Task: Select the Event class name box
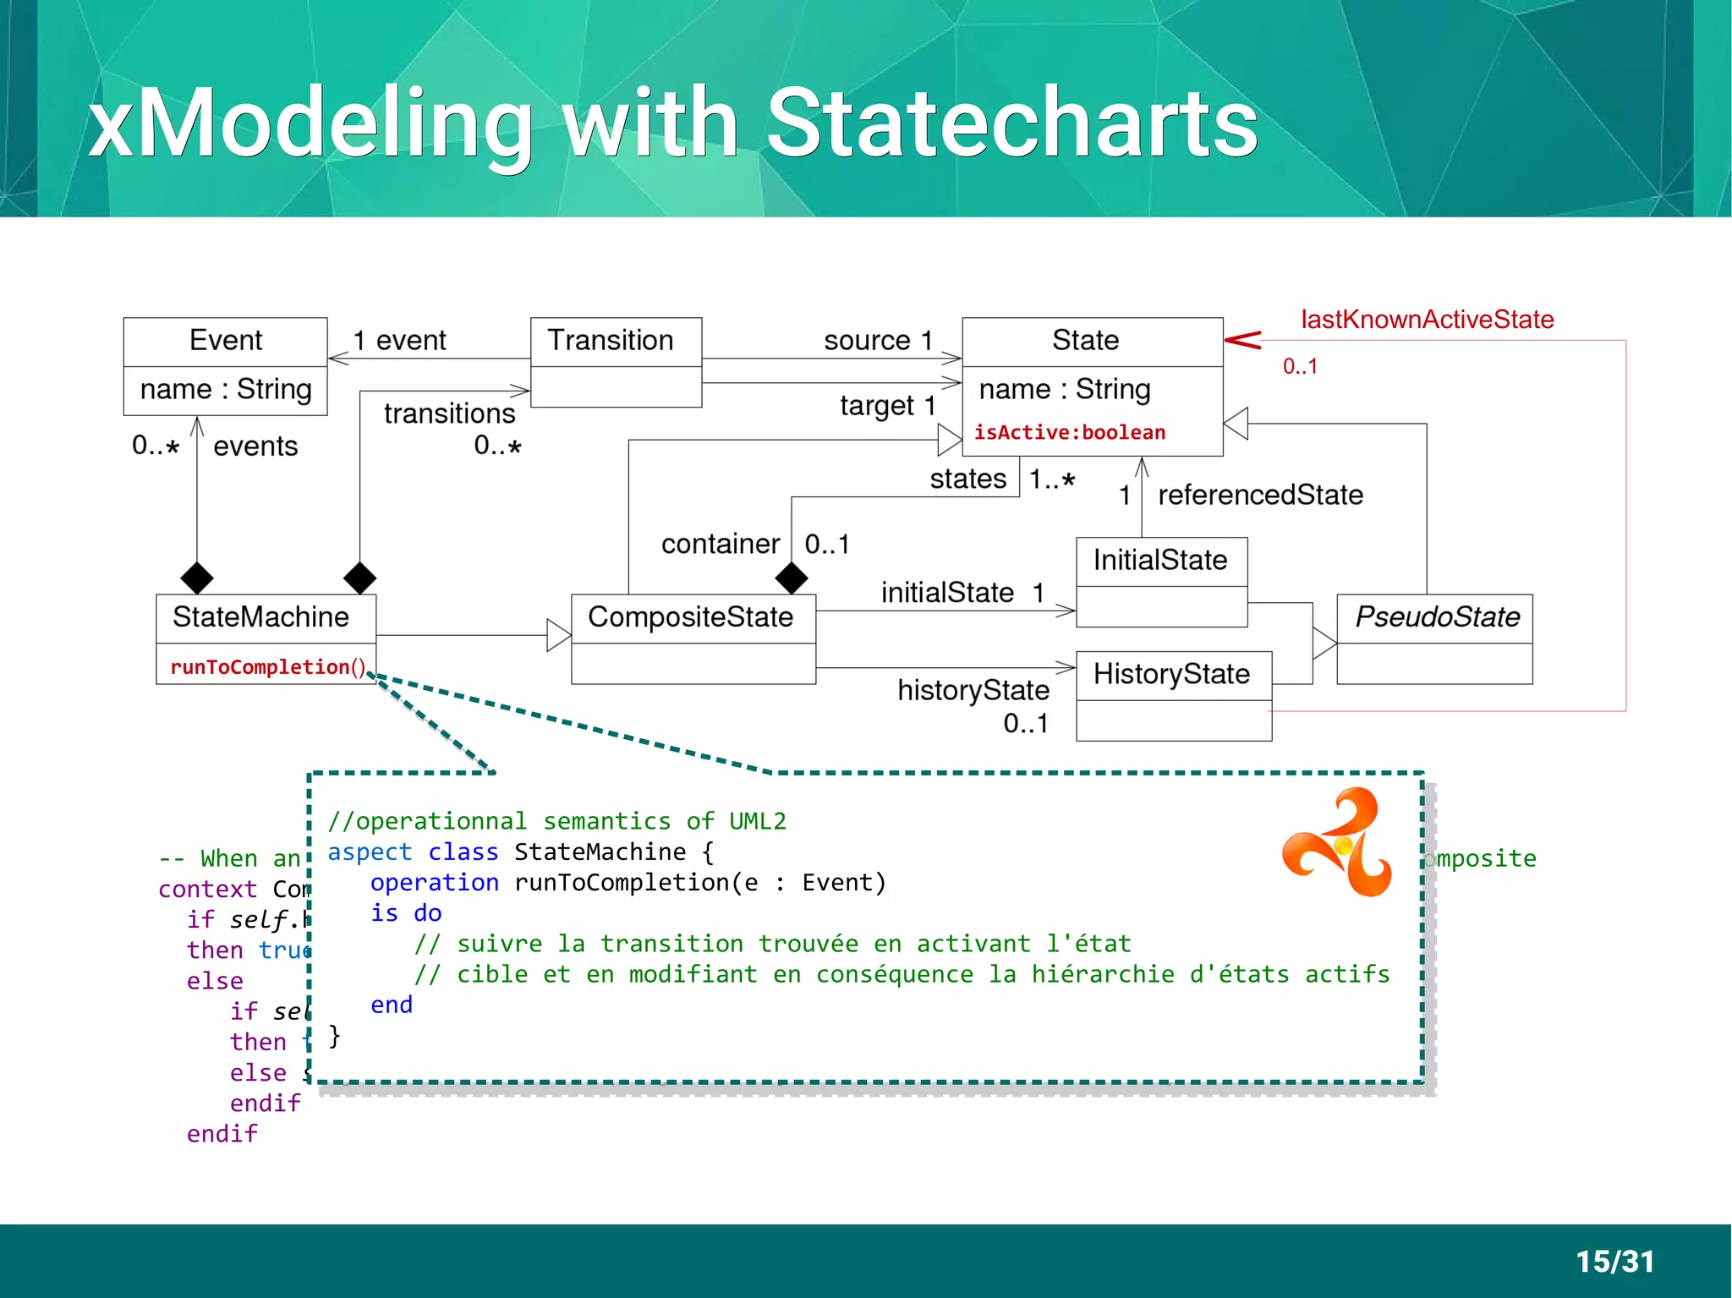pyautogui.click(x=225, y=341)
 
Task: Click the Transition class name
pyautogui.click(x=610, y=341)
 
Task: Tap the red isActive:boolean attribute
pyautogui.click(x=1069, y=433)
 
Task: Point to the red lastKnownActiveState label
pyautogui.click(x=1427, y=320)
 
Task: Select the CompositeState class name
pyautogui.click(x=690, y=617)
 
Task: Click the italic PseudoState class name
pyautogui.click(x=1436, y=617)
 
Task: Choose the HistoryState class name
pyautogui.click(x=1171, y=674)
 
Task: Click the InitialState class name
pyautogui.click(x=1159, y=560)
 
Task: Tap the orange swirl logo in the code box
pyautogui.click(x=1338, y=842)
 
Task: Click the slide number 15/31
pyautogui.click(x=1614, y=1262)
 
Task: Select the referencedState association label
pyautogui.click(x=1260, y=495)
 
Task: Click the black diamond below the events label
pyautogui.click(x=197, y=578)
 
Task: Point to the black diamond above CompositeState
pyautogui.click(x=792, y=578)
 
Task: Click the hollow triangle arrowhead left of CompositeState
pyautogui.click(x=558, y=635)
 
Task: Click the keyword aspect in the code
pyautogui.click(x=370, y=852)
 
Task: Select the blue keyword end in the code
pyautogui.click(x=392, y=1005)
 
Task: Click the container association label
pyautogui.click(x=720, y=544)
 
